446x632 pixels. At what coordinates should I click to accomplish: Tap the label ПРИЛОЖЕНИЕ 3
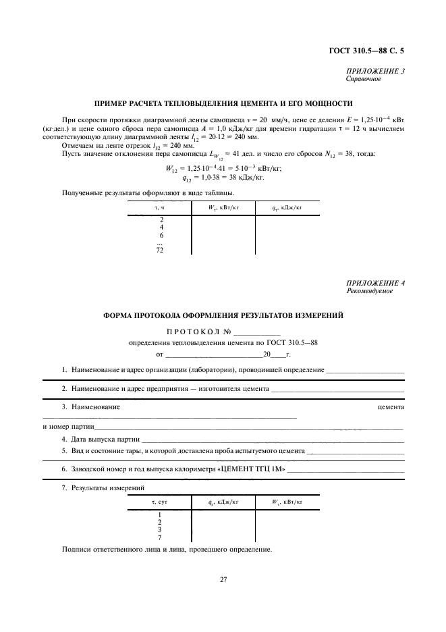coord(376,71)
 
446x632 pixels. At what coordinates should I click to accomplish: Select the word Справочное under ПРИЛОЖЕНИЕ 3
coord(364,79)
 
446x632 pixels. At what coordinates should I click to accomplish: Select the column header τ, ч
coord(159,209)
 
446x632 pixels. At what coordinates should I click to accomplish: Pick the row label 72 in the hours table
coord(160,249)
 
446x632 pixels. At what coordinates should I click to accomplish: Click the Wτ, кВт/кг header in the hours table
coord(223,209)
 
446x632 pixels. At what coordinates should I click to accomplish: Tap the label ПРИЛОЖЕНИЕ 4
coord(376,283)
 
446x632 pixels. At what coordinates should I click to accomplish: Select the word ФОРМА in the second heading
coord(119,315)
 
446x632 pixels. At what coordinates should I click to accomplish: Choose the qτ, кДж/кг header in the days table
coord(223,502)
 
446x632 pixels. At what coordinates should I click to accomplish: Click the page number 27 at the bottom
coord(223,579)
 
